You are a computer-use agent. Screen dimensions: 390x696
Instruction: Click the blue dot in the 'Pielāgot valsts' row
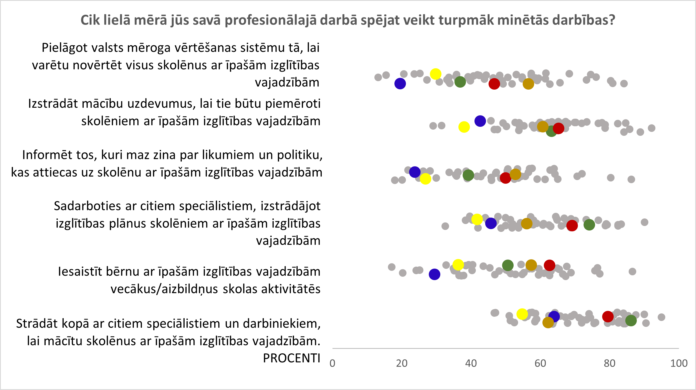coord(400,83)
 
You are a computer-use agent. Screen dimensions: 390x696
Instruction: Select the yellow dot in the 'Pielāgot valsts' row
coord(436,74)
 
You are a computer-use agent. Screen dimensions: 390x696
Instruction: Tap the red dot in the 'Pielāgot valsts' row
coord(494,84)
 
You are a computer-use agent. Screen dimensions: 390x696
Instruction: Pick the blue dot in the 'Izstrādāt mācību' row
coord(480,121)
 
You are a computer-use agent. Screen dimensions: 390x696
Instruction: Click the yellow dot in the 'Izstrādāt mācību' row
coord(464,127)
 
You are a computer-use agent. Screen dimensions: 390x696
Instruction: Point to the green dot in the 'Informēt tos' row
coord(468,175)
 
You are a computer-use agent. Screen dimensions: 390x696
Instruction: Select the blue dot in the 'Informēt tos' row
coord(415,172)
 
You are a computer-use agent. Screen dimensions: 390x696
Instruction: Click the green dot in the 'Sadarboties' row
coord(589,225)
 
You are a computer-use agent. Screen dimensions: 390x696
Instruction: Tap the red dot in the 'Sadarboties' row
coord(572,225)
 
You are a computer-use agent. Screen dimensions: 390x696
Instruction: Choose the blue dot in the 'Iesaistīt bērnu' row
coord(434,274)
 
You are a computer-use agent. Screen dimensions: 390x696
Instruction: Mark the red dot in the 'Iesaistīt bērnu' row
coord(549,265)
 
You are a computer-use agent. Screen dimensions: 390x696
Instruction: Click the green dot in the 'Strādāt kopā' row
coord(631,320)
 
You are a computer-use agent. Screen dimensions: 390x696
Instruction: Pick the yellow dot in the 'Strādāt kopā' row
coord(522,314)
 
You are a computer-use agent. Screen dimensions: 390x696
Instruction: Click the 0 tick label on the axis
coord(332,364)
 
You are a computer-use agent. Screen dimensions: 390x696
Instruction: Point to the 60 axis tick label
coord(540,364)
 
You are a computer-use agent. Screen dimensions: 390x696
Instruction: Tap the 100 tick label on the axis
coord(679,364)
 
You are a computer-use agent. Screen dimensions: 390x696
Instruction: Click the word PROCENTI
coord(291,358)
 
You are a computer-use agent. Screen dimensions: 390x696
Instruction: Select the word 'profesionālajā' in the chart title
coord(271,20)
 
